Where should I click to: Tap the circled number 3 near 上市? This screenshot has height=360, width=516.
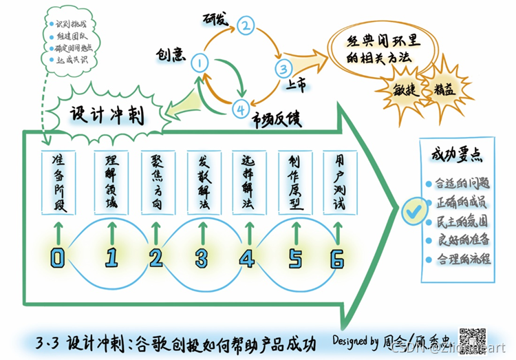pyautogui.click(x=283, y=68)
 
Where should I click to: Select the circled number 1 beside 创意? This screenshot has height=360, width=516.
pyautogui.click(x=201, y=63)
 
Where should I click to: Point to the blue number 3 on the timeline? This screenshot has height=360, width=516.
pyautogui.click(x=202, y=258)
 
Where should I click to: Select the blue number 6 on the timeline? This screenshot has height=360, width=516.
pyautogui.click(x=337, y=258)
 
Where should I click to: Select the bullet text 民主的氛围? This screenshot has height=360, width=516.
pyautogui.click(x=460, y=222)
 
